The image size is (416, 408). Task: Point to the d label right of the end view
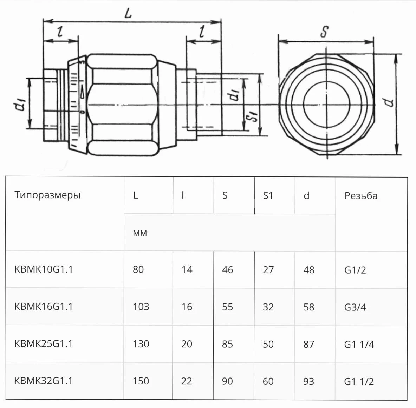388,102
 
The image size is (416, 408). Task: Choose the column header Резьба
361,196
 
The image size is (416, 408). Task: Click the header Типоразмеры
47,195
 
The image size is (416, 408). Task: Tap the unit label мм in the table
140,233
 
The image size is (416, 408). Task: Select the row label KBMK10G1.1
44,269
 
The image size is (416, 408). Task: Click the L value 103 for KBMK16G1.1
141,307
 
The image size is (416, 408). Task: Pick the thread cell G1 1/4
359,344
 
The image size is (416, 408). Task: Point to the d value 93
308,381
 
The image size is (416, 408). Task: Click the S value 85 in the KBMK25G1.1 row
227,344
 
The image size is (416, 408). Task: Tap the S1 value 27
268,270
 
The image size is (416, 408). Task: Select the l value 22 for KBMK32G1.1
187,381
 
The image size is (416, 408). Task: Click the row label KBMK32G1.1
44,381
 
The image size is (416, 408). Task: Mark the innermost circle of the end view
326,104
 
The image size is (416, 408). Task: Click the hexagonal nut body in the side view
121,105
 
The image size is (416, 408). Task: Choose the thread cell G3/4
355,307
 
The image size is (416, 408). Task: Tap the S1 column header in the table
268,196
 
